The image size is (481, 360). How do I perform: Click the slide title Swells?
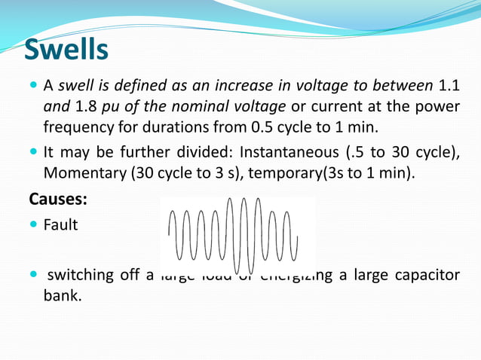coord(66,50)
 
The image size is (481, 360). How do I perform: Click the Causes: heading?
coord(58,200)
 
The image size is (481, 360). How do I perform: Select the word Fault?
coord(60,224)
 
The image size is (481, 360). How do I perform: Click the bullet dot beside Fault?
coord(34,224)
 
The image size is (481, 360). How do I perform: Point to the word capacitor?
coord(426,274)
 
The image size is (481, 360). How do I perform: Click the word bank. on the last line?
coord(61,294)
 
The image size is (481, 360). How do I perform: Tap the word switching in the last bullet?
coord(79,274)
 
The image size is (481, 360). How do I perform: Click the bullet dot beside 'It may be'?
coord(34,152)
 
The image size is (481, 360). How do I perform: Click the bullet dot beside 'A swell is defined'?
coord(34,84)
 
